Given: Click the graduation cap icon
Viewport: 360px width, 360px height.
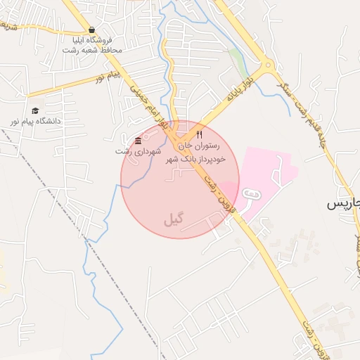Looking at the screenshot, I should coord(34,110).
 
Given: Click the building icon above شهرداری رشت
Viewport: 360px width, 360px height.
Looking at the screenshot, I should coord(138,141).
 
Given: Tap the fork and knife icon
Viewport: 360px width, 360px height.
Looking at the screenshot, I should coord(199,134).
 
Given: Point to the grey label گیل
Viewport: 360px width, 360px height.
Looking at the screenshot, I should coord(172,219).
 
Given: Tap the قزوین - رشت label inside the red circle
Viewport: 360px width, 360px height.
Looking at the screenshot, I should coord(217,194).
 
